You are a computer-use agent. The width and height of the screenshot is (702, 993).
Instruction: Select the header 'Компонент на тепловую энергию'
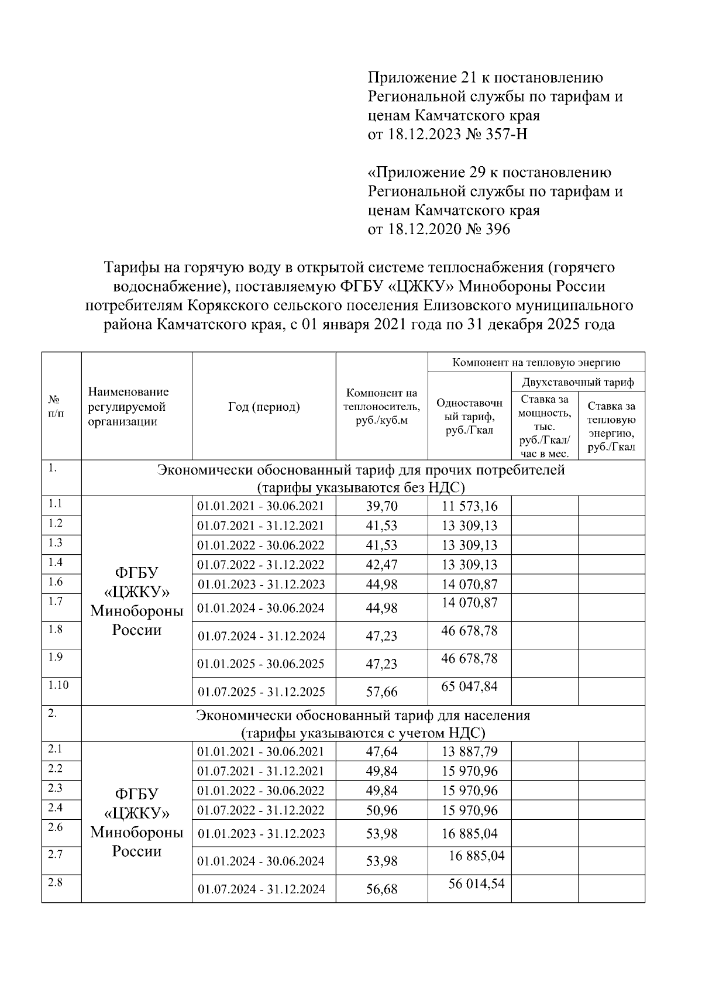pos(536,363)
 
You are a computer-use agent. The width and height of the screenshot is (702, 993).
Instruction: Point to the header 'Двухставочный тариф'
pos(578,383)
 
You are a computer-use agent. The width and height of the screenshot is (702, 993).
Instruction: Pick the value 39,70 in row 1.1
pos(381,506)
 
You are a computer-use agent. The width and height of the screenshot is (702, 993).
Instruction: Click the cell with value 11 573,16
pos(469,506)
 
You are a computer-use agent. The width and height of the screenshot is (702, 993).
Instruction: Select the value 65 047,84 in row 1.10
pos(469,686)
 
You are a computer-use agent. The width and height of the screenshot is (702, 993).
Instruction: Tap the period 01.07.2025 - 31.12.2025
pos(261,692)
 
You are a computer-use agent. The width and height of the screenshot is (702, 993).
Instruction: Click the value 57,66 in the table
pos(381,692)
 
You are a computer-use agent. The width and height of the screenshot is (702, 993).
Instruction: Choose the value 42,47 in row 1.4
pos(381,565)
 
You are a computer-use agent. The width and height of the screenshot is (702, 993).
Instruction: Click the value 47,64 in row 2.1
pos(381,751)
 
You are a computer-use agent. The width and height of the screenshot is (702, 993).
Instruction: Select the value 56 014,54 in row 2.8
pos(476,884)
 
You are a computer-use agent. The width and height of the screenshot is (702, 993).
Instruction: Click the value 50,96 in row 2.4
pos(381,810)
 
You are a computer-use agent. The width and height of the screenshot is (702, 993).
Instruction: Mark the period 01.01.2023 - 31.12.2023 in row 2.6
pos(261,834)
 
